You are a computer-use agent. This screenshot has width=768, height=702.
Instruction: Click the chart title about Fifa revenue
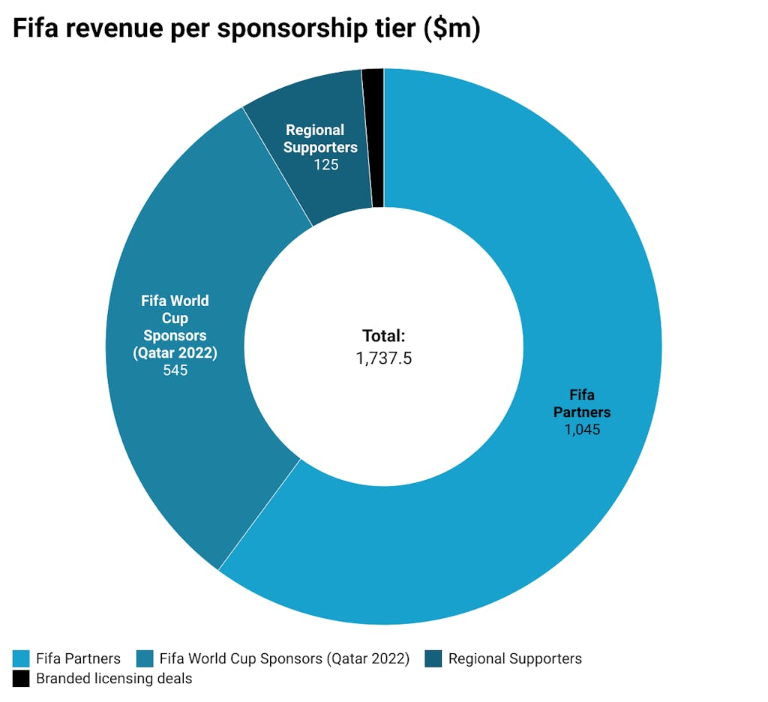[246, 28]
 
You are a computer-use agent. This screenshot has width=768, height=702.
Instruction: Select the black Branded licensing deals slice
[373, 135]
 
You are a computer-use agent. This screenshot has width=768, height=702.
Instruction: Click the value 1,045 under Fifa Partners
[582, 430]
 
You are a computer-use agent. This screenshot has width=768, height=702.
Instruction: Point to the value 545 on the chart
[175, 370]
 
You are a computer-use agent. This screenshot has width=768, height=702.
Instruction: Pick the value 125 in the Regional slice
[325, 164]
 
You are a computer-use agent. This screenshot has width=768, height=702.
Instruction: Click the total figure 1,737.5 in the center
[383, 358]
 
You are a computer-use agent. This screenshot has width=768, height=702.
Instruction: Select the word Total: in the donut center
[383, 336]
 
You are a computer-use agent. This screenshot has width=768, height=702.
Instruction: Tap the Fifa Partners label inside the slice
[582, 403]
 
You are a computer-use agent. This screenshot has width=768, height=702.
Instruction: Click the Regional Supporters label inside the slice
[322, 139]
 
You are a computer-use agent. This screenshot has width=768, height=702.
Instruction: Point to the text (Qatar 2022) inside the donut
[175, 352]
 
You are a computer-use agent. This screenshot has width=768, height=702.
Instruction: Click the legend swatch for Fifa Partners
[22, 659]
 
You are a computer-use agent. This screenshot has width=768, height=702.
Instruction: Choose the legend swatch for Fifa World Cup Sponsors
[145, 659]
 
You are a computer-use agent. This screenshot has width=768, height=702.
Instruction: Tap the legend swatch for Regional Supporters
[433, 659]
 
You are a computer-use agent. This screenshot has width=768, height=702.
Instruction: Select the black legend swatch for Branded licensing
[22, 679]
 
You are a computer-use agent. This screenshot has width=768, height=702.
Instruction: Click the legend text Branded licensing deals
[114, 679]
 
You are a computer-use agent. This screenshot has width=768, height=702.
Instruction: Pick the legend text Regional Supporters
[514, 659]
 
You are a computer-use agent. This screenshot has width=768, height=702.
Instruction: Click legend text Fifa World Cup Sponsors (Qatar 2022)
[284, 659]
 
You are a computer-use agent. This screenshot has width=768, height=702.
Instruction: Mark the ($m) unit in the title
[451, 28]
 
